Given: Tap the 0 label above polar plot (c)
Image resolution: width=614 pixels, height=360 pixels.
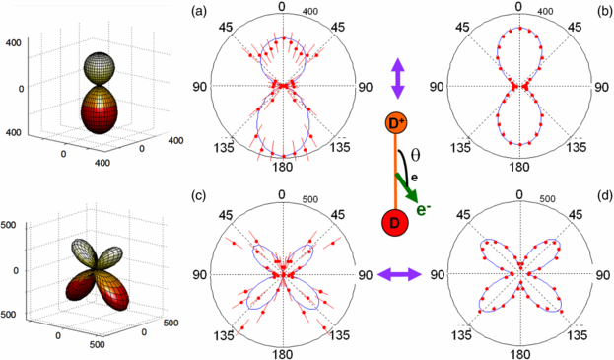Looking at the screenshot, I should (x=284, y=190).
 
